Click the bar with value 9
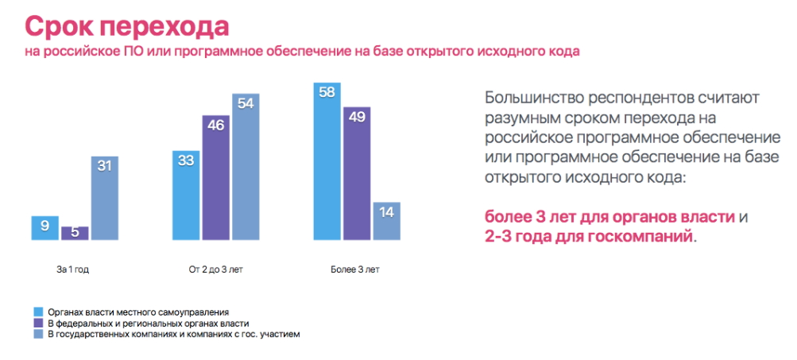coord(46,227)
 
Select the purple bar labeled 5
coord(75,233)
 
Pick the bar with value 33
coord(187,195)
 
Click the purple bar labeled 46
coord(216,178)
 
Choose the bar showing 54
coord(246,167)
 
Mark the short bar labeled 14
coord(386,221)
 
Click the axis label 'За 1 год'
coord(73,270)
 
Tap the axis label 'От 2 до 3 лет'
coord(215,270)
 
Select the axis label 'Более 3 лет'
coord(355,270)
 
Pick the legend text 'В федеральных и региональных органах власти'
coord(149,324)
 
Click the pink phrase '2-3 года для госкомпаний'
coord(589,237)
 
